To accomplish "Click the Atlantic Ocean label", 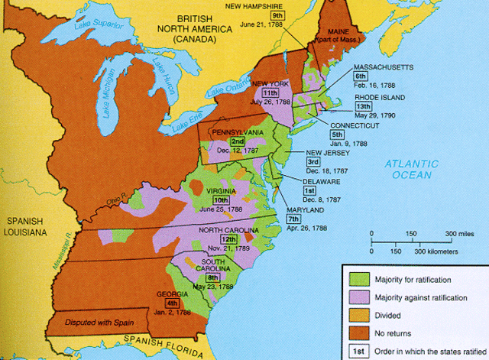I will (x=412, y=169).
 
